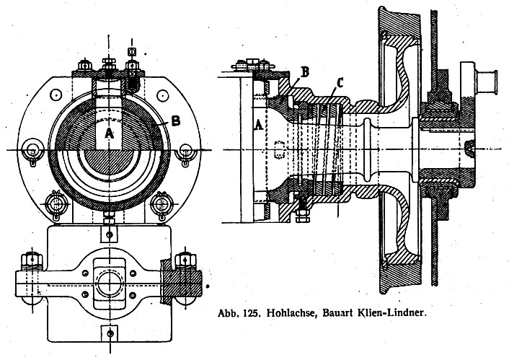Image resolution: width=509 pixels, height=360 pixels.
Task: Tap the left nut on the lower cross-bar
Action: pyautogui.click(x=31, y=258)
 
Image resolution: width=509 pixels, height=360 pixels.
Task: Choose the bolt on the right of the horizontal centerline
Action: pyautogui.click(x=185, y=149)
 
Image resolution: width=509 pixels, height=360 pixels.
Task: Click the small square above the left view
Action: pyautogui.click(x=131, y=51)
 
